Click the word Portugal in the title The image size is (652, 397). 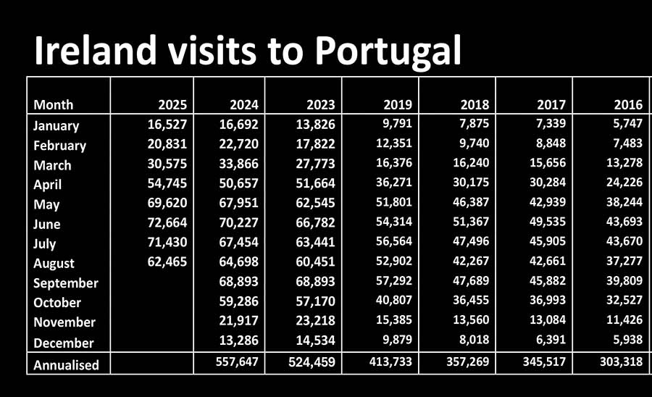click(x=388, y=51)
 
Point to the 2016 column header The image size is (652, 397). click(x=627, y=105)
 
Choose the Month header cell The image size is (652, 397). click(x=54, y=105)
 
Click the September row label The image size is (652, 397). click(x=66, y=283)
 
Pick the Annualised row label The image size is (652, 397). click(x=66, y=365)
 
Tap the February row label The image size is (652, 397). click(x=59, y=146)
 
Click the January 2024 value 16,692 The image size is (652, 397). click(x=238, y=124)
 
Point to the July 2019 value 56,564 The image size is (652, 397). click(x=392, y=242)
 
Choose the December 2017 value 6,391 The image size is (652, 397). click(x=548, y=340)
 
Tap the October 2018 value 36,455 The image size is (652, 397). click(x=469, y=301)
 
